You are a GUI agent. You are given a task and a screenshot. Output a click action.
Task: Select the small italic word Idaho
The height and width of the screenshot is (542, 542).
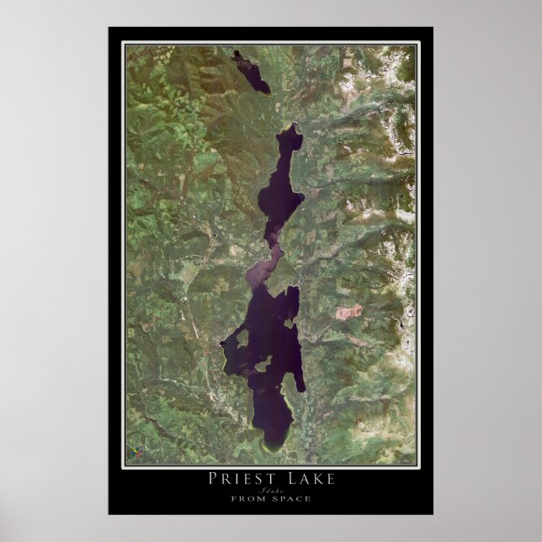pyautogui.click(x=270, y=490)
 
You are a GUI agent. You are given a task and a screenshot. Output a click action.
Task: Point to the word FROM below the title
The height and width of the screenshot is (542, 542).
pyautogui.click(x=245, y=499)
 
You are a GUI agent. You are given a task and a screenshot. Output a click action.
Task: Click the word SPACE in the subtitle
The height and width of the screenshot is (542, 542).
pyautogui.click(x=292, y=499)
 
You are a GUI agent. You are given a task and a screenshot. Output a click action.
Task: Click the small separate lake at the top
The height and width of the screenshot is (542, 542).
pyautogui.click(x=252, y=72)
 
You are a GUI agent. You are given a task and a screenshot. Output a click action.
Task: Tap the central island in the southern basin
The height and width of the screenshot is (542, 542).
pyautogui.click(x=263, y=364)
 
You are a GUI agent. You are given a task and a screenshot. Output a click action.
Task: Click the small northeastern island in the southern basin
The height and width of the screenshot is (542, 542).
pyautogui.click(x=290, y=321)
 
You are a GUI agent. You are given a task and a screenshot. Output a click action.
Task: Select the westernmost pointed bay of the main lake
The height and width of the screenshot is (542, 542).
pyautogui.click(x=222, y=343)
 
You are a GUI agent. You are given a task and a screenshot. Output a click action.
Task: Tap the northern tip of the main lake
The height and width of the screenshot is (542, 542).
pyautogui.click(x=294, y=127)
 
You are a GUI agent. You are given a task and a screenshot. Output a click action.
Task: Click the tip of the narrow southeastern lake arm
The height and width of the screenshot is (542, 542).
pyautogui.click(x=302, y=389)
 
